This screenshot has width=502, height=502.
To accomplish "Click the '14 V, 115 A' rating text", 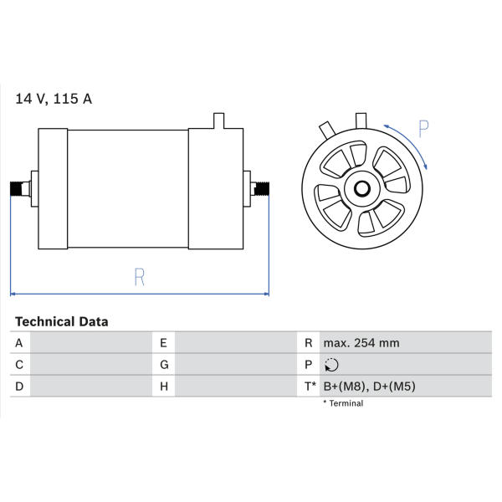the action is coord(54,99).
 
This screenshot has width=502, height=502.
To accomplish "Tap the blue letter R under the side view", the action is coord(140,277).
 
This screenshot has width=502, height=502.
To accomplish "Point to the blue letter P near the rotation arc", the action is coord(423,129).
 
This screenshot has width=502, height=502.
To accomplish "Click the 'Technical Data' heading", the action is coord(62,321).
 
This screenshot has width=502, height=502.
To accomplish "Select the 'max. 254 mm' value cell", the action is coord(361,343).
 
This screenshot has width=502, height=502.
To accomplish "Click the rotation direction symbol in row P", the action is coord(331,365).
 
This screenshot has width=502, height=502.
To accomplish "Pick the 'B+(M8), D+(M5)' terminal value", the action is coord(370,387).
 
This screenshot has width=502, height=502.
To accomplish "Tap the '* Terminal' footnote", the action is coord(343,403).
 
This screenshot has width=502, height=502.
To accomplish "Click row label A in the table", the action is coord(19,343).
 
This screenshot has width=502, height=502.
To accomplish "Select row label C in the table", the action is coord(19,365).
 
